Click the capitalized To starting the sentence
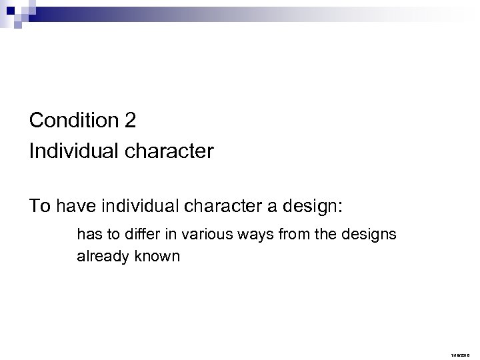(x=39, y=207)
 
